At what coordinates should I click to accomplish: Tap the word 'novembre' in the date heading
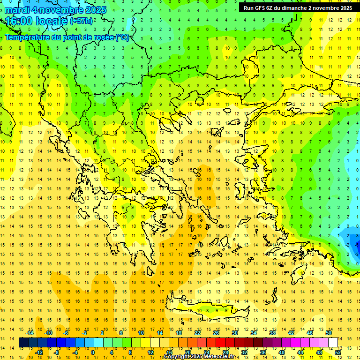click(61, 10)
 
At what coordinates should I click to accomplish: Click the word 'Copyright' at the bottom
click(178, 357)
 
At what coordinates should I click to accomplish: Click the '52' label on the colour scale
click(338, 352)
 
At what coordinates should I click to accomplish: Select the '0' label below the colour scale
click(92, 352)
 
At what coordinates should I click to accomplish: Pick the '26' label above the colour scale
click(216, 333)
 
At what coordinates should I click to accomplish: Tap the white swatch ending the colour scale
click(333, 343)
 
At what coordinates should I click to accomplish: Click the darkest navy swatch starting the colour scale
click(24, 343)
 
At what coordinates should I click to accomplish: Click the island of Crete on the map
click(220, 310)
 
